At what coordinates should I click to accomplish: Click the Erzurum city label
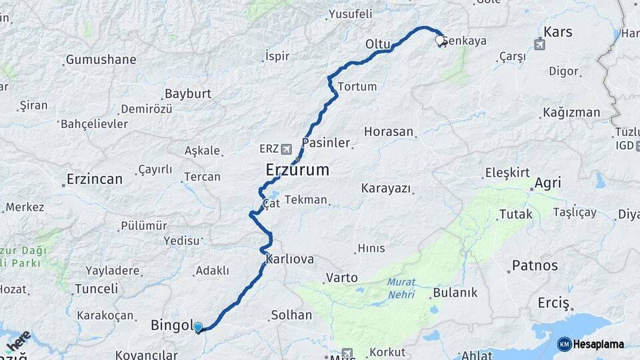297,169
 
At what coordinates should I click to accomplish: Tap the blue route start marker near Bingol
198,327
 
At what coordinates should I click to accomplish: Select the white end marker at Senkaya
440,40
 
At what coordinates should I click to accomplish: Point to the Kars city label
558,31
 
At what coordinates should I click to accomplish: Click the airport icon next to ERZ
287,149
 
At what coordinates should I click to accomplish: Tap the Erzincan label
95,179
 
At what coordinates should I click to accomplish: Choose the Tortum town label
357,87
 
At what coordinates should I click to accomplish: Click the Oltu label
377,44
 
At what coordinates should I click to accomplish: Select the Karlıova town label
289,259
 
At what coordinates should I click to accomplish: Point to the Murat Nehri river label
401,287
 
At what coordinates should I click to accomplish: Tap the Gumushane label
101,60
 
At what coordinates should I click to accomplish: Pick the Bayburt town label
187,93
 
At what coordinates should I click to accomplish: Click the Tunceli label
96,289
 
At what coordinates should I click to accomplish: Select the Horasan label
389,131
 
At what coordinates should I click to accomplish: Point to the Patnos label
535,265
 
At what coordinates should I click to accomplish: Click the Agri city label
547,183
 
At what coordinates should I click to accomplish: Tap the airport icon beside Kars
541,45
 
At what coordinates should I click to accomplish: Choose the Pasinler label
326,143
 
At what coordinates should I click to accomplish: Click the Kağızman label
571,112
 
